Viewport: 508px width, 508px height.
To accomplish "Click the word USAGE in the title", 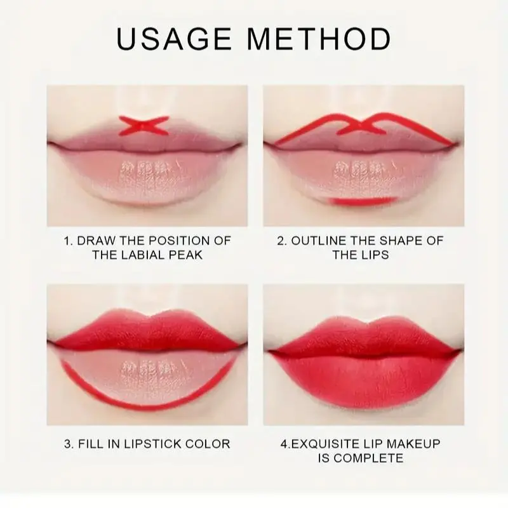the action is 174,39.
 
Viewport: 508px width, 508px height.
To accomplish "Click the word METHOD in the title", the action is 319,39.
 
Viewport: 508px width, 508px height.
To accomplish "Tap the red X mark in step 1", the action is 144,125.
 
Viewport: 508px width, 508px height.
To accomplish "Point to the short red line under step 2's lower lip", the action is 363,201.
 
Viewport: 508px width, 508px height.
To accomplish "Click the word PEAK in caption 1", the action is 185,255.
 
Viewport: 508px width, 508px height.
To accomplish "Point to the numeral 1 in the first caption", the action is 67,241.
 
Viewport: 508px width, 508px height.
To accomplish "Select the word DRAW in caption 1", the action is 97,241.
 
